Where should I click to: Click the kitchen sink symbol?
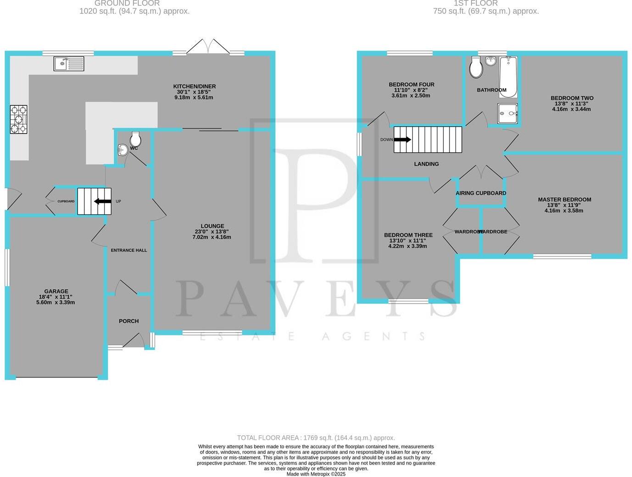pos(69,63)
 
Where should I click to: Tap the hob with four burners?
pos(19,119)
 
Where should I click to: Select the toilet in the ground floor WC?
pos(135,139)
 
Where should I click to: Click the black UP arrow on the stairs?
pos(103,201)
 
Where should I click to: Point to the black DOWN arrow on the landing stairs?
pos(402,139)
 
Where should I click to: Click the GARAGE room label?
pos(56,291)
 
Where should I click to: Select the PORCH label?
pos(128,321)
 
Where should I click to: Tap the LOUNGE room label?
pos(212,226)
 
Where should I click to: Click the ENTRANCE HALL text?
pos(129,250)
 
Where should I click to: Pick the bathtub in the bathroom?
pos(508,77)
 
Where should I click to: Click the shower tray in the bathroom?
pos(508,113)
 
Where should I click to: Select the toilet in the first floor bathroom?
pos(476,68)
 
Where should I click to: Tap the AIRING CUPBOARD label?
pos(481,193)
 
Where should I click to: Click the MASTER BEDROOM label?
pos(565,200)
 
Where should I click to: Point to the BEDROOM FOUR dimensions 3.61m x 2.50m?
pos(411,96)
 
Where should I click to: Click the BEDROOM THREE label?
pos(408,235)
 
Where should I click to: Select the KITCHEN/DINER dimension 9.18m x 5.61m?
pos(194,97)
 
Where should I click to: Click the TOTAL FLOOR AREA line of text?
pos(316,438)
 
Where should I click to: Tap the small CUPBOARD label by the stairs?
pos(66,201)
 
